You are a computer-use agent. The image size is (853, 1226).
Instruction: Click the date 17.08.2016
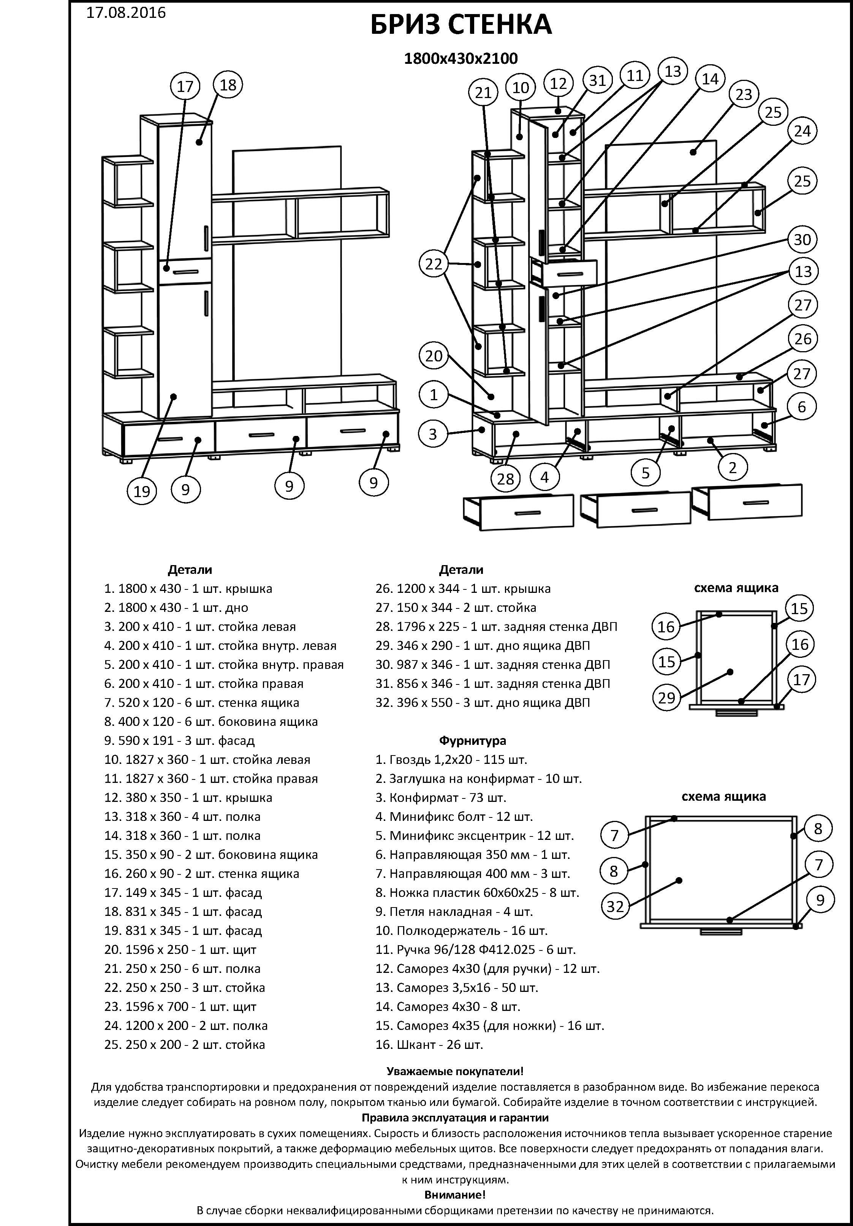coord(126,12)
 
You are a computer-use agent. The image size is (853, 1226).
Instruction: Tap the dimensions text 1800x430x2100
coord(461,58)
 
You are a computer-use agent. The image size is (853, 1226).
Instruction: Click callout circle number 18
coord(228,85)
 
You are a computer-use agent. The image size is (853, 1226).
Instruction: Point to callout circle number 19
coord(142,491)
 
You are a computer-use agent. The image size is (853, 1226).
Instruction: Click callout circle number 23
coord(744,95)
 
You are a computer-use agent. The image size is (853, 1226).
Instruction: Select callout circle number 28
coord(505,479)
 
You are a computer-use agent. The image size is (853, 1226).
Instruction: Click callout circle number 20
coord(434,356)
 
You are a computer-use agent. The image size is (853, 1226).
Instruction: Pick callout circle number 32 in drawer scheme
coord(615,906)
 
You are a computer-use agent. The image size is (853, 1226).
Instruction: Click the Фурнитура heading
coord(472,741)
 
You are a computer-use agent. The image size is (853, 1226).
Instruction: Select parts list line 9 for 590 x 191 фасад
coord(179,741)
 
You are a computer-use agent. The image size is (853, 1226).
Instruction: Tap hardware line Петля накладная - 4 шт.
coord(454,911)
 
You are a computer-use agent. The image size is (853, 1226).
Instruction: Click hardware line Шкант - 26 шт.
coord(429,1044)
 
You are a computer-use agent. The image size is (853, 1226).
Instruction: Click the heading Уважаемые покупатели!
coord(455,1071)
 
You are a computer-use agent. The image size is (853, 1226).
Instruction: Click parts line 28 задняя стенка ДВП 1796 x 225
coord(496,626)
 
